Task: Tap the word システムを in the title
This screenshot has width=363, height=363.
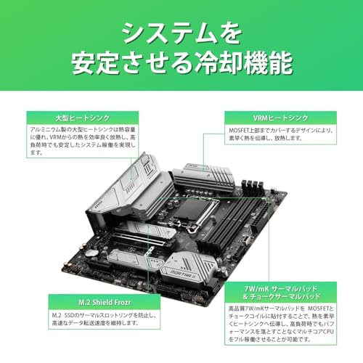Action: tap(181, 32)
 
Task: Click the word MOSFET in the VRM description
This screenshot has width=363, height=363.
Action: tap(243, 132)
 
